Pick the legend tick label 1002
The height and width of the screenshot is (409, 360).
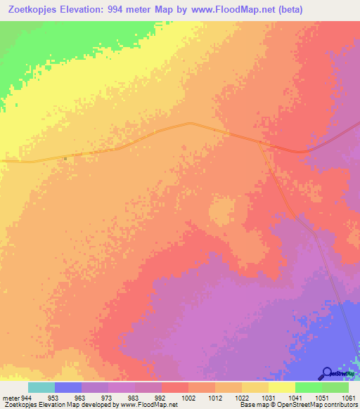pos(188,398)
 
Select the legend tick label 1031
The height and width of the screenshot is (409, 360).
pos(269,398)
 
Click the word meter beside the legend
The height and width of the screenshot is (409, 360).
pos(11,398)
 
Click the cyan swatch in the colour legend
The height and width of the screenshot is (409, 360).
pos(41,387)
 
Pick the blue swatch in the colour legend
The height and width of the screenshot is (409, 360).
pos(68,387)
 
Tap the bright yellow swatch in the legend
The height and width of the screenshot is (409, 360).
pos(282,387)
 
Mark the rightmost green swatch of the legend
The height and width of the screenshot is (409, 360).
pos(335,387)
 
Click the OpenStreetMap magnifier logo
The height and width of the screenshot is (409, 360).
pos(328,373)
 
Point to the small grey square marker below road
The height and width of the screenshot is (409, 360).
pos(65,158)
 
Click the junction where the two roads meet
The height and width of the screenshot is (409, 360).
pos(262,143)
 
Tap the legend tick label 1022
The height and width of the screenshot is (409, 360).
pos(242,398)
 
